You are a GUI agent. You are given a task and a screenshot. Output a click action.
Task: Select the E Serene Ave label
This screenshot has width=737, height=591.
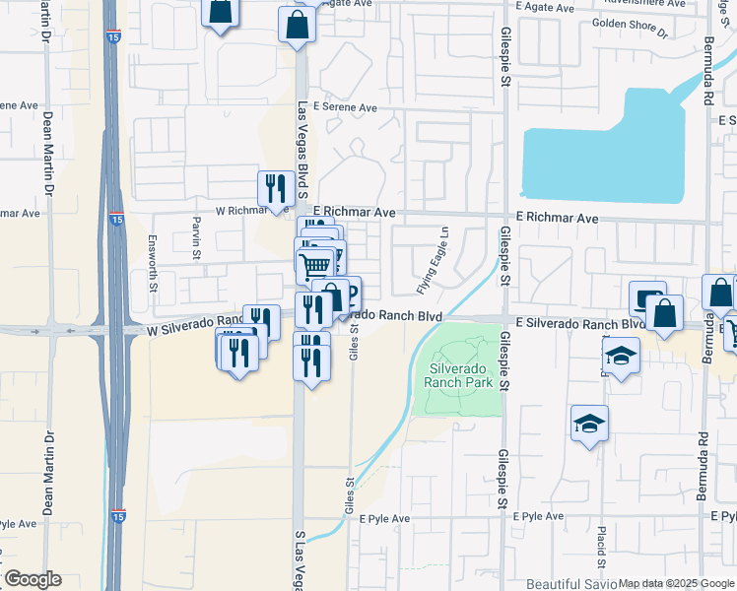[x=345, y=107]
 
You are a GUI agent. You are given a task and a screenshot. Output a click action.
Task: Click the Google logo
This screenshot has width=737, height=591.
[x=32, y=579]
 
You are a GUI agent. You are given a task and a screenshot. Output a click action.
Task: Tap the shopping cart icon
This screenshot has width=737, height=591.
[x=314, y=263]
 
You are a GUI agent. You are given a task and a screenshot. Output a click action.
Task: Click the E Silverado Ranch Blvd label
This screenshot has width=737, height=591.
[x=579, y=323]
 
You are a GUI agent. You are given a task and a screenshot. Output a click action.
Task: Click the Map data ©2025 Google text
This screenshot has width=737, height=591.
[x=676, y=583]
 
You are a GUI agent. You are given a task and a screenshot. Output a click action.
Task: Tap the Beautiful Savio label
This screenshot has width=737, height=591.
[x=571, y=583]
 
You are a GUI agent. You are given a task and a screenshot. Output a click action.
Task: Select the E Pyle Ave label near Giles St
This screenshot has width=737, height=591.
[x=384, y=518]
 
